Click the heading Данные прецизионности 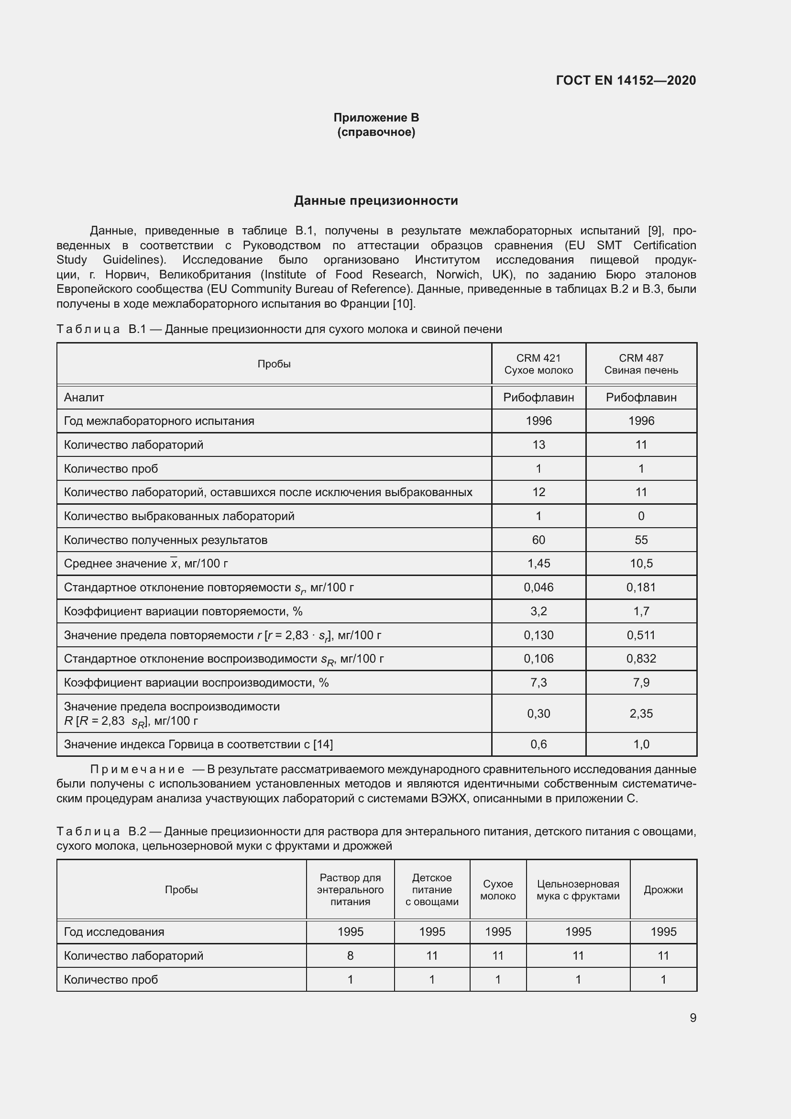point(375,200)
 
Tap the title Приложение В point(376,118)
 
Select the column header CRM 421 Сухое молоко point(538,364)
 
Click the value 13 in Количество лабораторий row point(538,444)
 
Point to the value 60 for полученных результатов point(538,540)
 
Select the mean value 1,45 point(538,564)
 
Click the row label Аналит point(84,397)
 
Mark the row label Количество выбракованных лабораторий point(179,516)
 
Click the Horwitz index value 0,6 point(538,744)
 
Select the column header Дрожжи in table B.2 point(663,889)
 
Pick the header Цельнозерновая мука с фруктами point(578,889)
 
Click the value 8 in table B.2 point(350,955)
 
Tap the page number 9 point(692,1018)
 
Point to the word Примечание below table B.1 point(137,770)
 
